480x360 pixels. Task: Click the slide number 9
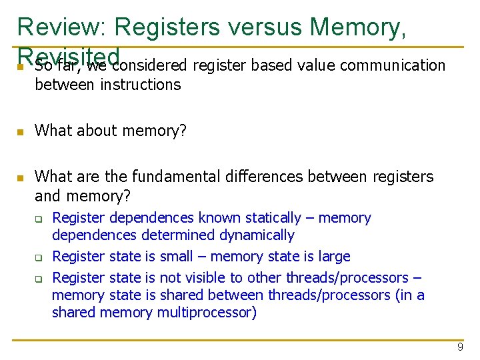[460, 347]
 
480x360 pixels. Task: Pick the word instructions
[140, 85]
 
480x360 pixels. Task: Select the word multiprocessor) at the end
[207, 313]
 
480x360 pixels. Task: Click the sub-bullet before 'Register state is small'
[39, 257]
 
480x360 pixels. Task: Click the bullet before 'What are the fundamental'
[21, 178]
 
